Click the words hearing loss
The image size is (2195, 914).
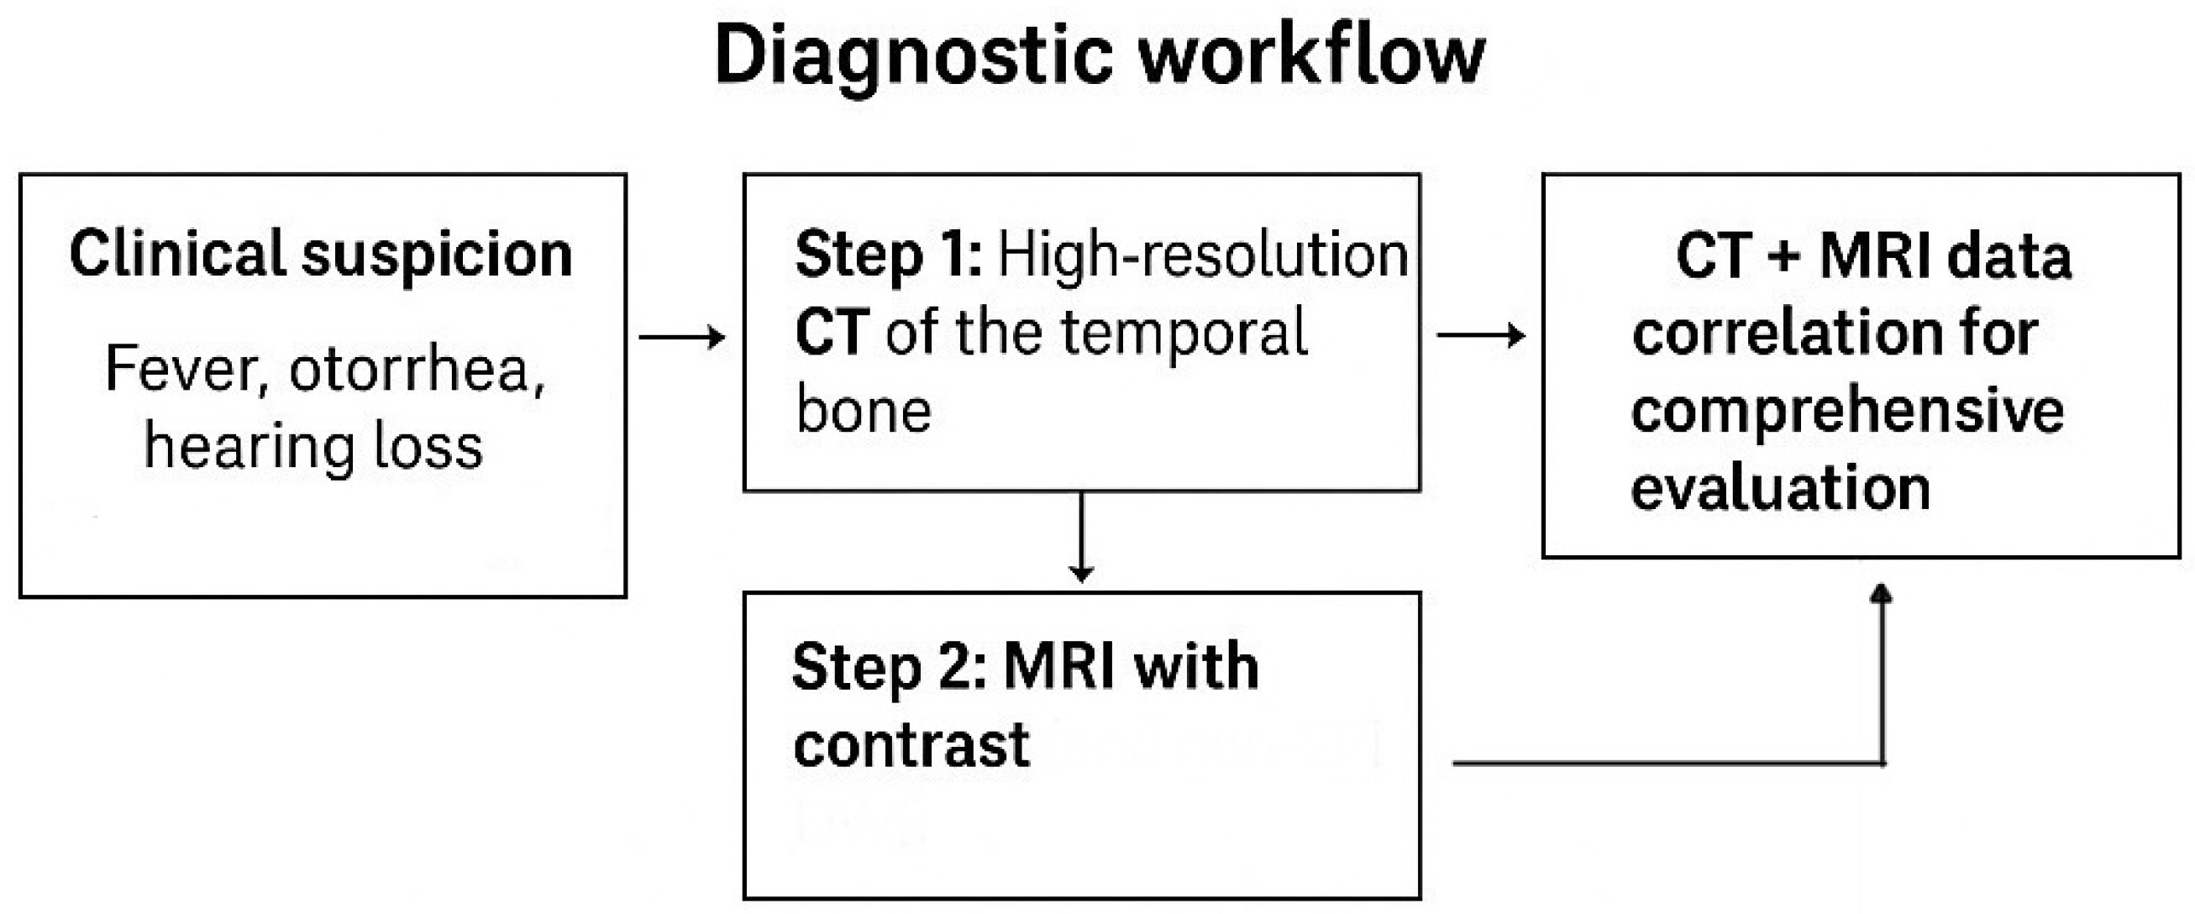click(313, 446)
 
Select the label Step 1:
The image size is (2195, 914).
click(888, 255)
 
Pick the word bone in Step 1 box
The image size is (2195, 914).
click(864, 411)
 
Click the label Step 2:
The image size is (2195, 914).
click(889, 667)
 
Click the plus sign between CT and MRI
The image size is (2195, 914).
click(1783, 255)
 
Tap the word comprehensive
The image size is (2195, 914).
click(1847, 412)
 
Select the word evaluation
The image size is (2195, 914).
click(1780, 489)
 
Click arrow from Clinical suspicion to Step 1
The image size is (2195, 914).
click(681, 338)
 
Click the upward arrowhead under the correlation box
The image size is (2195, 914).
click(1881, 594)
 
